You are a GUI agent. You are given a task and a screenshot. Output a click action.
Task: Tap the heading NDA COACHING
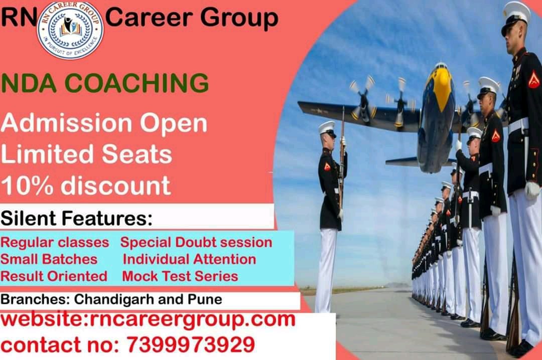click(x=104, y=83)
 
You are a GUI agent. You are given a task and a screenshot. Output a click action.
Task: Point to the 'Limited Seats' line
click(x=86, y=155)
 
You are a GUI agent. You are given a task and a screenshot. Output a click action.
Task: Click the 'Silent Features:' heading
click(x=76, y=219)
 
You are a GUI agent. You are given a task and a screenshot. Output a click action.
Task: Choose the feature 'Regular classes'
click(x=55, y=243)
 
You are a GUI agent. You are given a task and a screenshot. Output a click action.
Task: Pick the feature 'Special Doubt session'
click(x=196, y=243)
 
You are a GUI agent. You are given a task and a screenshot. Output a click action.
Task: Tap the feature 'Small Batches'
click(x=49, y=259)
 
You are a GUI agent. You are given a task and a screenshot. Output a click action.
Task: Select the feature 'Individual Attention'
click(x=189, y=259)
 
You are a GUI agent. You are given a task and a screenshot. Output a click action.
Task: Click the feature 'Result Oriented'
click(x=54, y=276)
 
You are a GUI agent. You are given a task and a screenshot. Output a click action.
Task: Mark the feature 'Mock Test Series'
click(x=180, y=276)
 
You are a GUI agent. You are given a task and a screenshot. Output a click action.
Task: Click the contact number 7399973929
click(x=190, y=345)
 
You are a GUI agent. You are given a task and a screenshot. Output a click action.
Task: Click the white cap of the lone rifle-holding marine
click(x=327, y=127)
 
